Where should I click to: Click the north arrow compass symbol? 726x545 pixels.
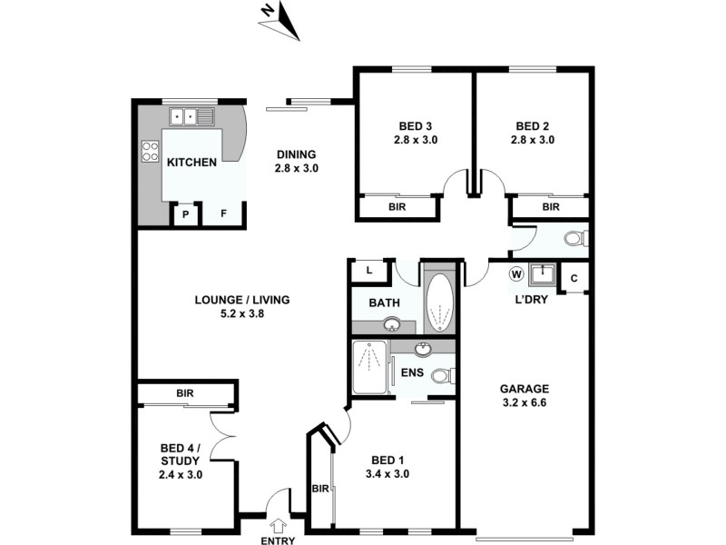point(280,20)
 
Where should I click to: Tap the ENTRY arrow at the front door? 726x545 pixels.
point(278,525)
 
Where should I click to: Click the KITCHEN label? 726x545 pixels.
point(191,163)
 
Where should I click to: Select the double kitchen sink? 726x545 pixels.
point(191,116)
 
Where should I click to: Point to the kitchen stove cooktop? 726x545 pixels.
point(150,151)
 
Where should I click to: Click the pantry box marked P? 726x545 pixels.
point(185,215)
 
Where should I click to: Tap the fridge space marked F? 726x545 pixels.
point(222,215)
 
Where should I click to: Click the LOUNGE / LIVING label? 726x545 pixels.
point(241,301)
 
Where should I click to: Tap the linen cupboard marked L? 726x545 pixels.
point(369,271)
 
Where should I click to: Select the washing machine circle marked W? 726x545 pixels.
point(515,273)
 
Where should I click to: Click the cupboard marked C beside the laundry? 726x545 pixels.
point(574,277)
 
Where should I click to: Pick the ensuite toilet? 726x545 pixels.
point(442,376)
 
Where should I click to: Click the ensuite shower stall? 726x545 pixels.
point(369,367)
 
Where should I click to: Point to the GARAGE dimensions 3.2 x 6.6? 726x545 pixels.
point(523,403)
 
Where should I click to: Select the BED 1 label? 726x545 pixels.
point(388,460)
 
